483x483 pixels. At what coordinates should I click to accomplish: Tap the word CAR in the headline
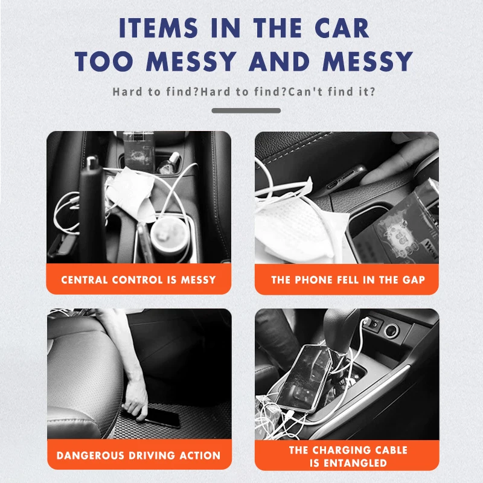338,29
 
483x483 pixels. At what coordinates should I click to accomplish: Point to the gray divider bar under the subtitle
246,110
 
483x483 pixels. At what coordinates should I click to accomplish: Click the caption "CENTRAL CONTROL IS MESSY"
139,280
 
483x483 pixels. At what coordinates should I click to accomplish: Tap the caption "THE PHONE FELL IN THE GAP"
347,280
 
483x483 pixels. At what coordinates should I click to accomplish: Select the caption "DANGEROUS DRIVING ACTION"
139,455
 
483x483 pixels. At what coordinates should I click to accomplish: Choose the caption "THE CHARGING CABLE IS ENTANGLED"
347,456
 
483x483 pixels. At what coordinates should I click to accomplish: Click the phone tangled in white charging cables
311,377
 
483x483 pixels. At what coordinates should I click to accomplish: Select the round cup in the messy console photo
167,238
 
